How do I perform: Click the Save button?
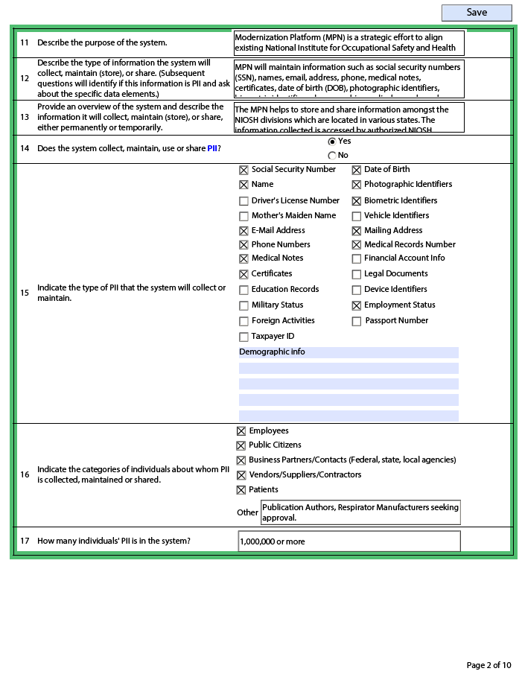[x=477, y=13]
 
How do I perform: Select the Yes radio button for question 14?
[x=332, y=142]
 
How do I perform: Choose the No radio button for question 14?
[x=332, y=156]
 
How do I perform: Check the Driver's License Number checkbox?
[x=244, y=201]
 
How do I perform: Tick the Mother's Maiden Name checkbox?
[x=244, y=216]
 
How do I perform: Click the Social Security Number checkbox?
[x=244, y=170]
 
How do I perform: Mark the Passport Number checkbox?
[x=357, y=321]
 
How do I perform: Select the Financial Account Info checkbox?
[x=357, y=258]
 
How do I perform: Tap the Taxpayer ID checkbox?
[x=244, y=337]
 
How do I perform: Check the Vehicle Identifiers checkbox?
[x=357, y=216]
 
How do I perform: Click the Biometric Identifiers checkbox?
[x=357, y=201]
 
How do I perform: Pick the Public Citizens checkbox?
[x=241, y=445]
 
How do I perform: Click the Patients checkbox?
[x=241, y=490]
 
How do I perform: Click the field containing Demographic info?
[x=348, y=352]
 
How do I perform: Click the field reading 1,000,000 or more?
[x=348, y=541]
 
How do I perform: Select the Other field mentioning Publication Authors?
[x=360, y=512]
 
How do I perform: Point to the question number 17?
[x=25, y=541]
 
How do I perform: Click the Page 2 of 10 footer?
[x=488, y=665]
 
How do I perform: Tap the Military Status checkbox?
[x=244, y=305]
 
